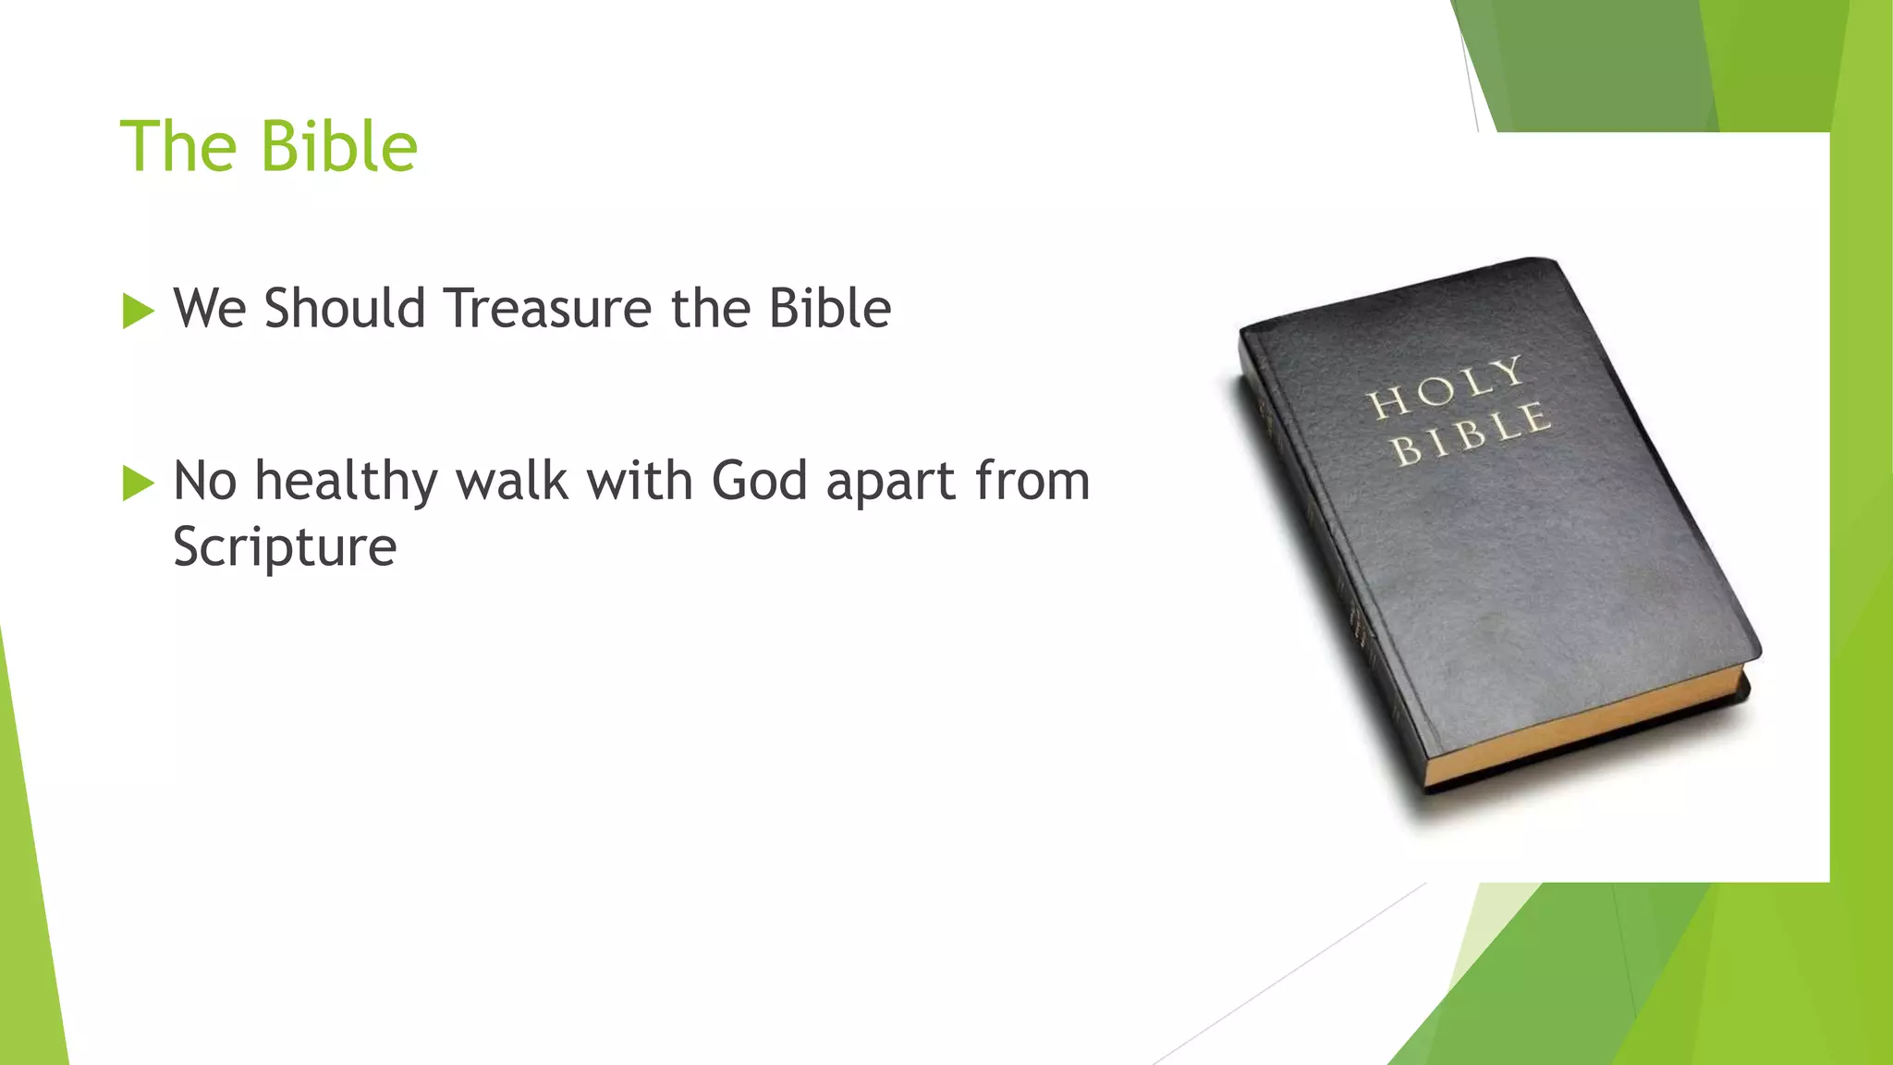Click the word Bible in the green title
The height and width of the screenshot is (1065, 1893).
pyautogui.click(x=339, y=146)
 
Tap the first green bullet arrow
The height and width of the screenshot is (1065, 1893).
pyautogui.click(x=138, y=311)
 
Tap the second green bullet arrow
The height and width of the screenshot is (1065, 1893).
pyautogui.click(x=138, y=483)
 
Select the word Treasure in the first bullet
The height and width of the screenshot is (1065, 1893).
pyautogui.click(x=548, y=308)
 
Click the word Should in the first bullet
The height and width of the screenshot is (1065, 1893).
pyautogui.click(x=344, y=308)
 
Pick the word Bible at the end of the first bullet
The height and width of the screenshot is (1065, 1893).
pyautogui.click(x=830, y=308)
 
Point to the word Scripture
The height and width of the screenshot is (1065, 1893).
pyautogui.click(x=285, y=547)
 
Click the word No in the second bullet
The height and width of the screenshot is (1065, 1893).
pyautogui.click(x=205, y=482)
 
